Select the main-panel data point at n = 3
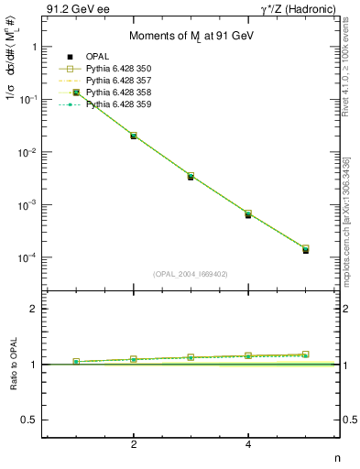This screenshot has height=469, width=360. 191,176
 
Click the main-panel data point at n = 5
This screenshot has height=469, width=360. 306,249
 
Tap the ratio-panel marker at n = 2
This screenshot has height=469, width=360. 134,359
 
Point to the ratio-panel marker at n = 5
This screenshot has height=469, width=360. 306,354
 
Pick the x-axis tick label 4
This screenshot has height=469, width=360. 248,445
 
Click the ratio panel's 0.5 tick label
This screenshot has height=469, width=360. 28,420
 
